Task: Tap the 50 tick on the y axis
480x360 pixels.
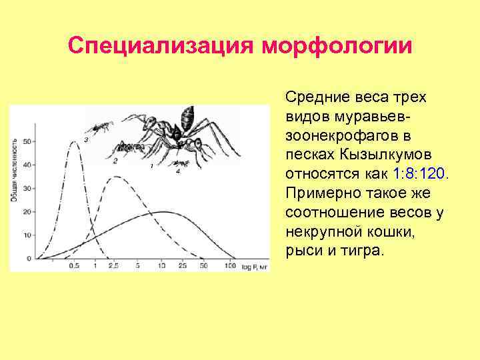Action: (x=27, y=141)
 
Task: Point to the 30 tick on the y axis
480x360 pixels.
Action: (x=27, y=189)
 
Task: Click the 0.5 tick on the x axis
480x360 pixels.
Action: (x=74, y=266)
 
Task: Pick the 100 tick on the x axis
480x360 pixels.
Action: (x=230, y=266)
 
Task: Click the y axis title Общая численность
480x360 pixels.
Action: (x=15, y=170)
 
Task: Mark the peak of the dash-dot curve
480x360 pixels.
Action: (x=73, y=141)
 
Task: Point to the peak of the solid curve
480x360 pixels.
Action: (x=161, y=212)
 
